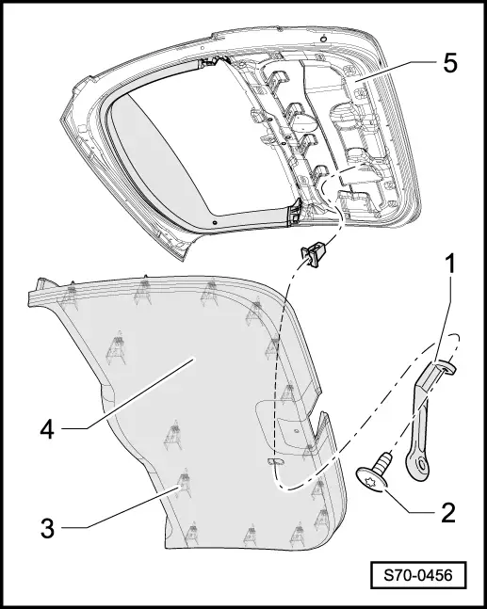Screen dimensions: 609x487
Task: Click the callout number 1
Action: coord(450,265)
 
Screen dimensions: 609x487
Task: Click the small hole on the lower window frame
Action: coord(215,222)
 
